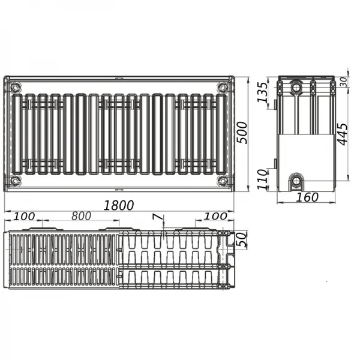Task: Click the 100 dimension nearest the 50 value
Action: pyautogui.click(x=215, y=216)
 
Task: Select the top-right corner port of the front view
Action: pyautogui.click(x=223, y=86)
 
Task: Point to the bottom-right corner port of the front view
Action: pyautogui.click(x=223, y=180)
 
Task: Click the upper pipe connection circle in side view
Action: pyautogui.click(x=296, y=88)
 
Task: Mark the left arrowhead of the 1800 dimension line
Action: pyautogui.click(x=6, y=211)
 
